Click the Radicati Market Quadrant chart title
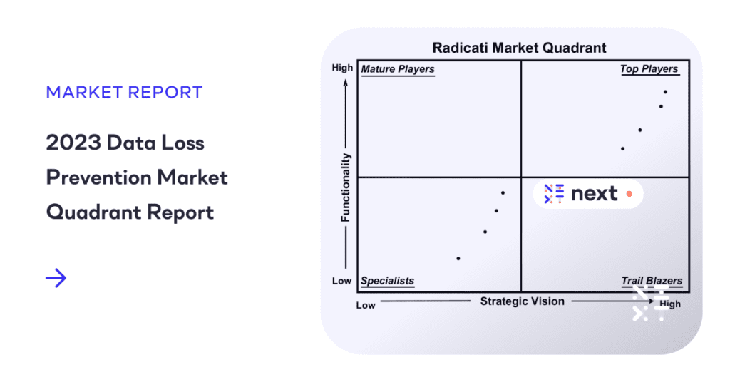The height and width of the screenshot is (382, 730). [520, 48]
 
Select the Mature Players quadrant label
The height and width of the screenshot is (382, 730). [398, 69]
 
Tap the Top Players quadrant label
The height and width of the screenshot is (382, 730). [649, 69]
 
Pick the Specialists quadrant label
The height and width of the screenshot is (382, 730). [387, 281]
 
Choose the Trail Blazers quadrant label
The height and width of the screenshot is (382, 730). [652, 281]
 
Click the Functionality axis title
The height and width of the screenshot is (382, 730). [346, 187]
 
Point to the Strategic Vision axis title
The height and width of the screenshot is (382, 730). [522, 301]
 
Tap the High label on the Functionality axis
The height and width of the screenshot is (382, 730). [342, 68]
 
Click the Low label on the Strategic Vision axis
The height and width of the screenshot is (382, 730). [366, 305]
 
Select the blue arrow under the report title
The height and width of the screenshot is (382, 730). [56, 278]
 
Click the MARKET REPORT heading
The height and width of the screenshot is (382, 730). [124, 92]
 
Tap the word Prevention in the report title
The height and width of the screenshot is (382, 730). [101, 177]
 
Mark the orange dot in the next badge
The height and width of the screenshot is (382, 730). [629, 193]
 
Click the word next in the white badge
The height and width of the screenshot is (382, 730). [594, 193]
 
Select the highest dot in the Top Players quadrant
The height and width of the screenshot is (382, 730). [665, 91]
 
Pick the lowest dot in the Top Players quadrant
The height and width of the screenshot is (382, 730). [623, 148]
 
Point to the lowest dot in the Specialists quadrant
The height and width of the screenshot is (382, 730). [458, 258]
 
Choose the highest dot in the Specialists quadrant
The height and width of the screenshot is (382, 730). [503, 192]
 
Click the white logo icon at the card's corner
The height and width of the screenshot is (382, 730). [650, 305]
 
